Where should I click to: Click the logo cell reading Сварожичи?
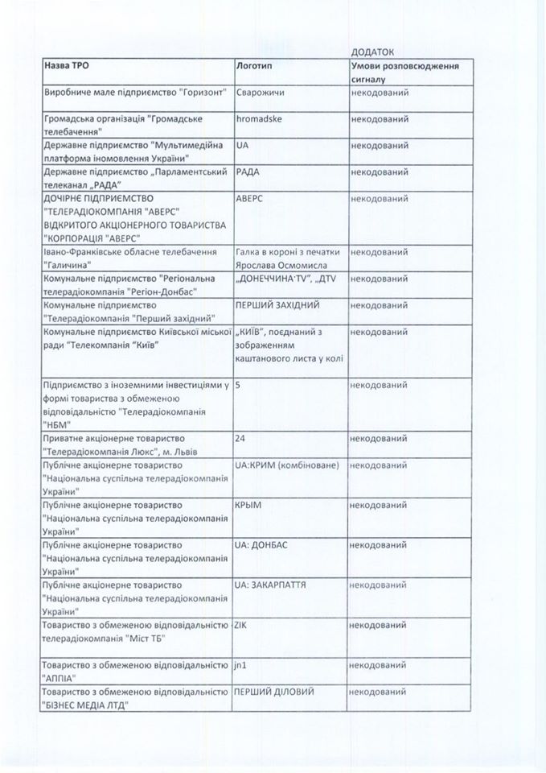(259, 93)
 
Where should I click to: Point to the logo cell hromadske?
(258, 119)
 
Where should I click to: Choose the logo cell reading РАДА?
(248, 172)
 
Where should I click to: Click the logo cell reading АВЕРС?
(252, 199)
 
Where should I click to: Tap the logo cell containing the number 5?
(239, 385)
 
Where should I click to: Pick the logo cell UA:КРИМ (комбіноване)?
(286, 465)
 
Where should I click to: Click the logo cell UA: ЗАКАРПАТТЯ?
(277, 584)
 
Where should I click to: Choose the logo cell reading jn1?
(242, 665)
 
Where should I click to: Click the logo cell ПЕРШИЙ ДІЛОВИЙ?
(274, 692)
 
